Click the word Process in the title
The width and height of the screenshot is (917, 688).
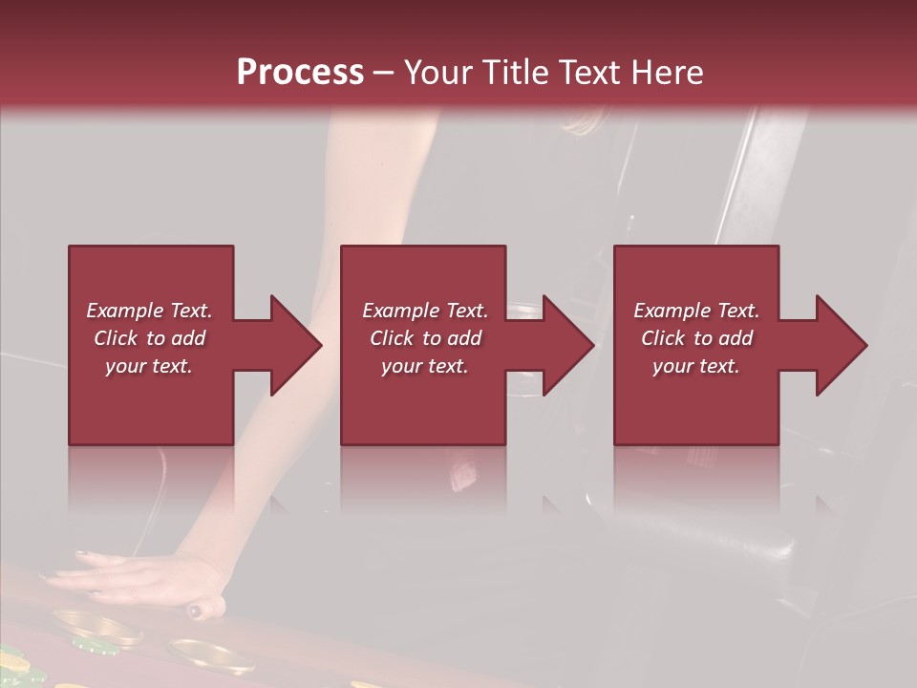click(300, 72)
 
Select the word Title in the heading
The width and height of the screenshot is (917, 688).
click(513, 72)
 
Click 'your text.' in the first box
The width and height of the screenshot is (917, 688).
click(149, 366)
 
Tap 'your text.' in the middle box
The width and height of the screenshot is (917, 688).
click(424, 366)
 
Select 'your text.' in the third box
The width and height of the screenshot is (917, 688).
click(696, 366)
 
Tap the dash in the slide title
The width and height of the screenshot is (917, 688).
click(384, 73)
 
